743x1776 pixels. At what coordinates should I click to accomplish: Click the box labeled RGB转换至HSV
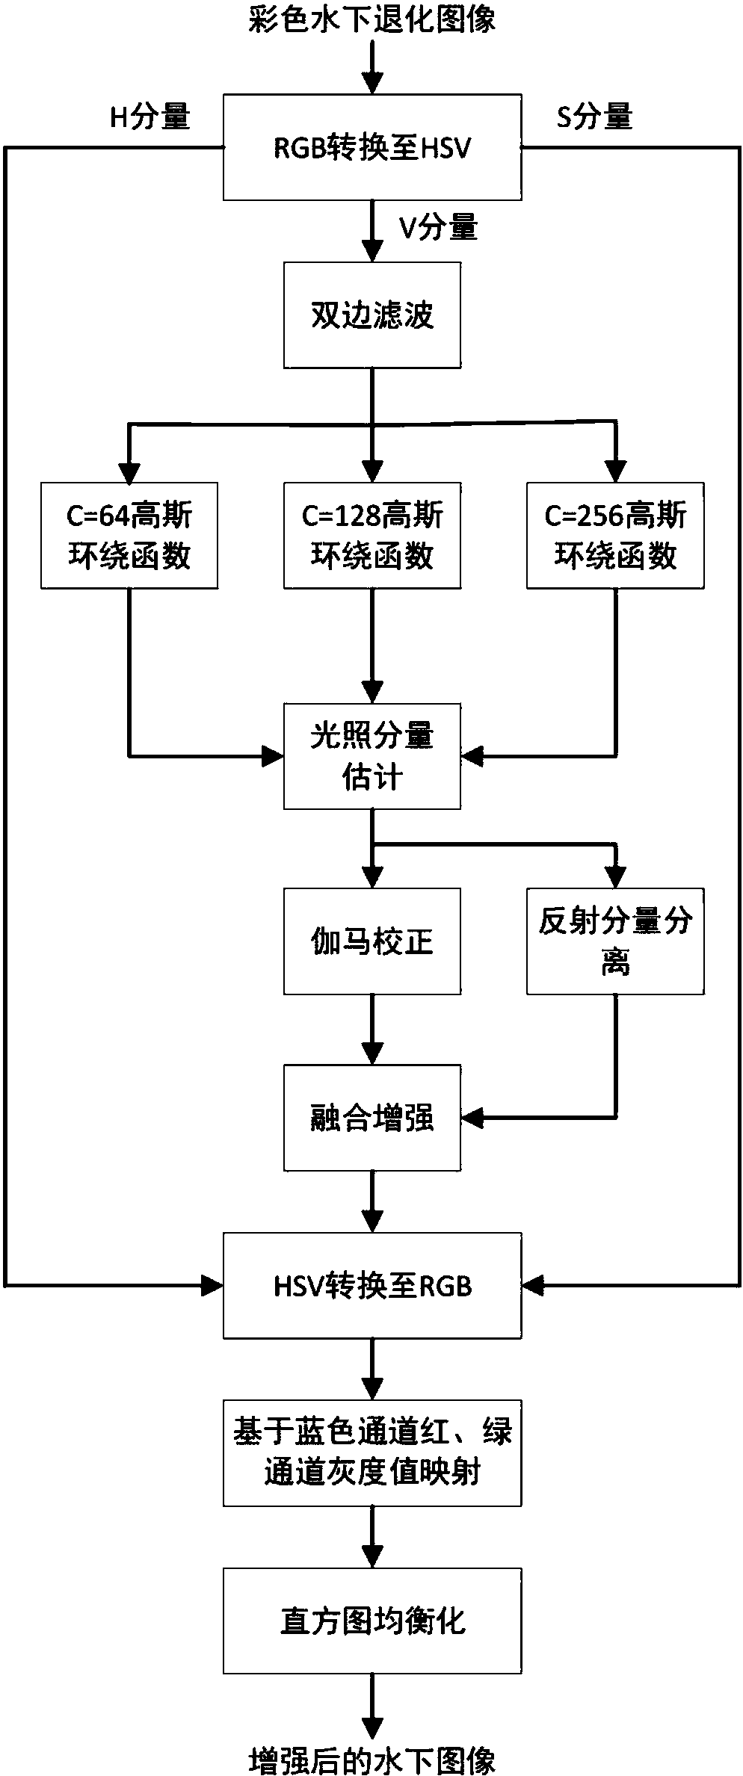click(x=372, y=147)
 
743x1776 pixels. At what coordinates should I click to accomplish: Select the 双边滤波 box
click(x=372, y=315)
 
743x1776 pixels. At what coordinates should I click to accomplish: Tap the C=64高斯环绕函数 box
click(x=129, y=536)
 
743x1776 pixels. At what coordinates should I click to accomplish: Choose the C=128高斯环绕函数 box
click(x=372, y=536)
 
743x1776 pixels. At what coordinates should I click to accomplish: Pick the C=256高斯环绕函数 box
click(x=615, y=536)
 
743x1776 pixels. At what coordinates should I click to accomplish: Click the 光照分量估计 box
click(x=372, y=756)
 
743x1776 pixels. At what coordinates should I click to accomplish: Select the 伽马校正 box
click(x=372, y=941)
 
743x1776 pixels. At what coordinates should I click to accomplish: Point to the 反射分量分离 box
click(x=615, y=941)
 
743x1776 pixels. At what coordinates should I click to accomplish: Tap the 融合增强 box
click(x=372, y=1118)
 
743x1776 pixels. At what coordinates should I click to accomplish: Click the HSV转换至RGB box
click(x=372, y=1286)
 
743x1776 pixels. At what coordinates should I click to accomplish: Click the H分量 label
click(x=150, y=117)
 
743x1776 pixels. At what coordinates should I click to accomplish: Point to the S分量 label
click(x=595, y=117)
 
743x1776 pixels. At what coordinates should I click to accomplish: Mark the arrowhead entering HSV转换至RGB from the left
click(x=213, y=1286)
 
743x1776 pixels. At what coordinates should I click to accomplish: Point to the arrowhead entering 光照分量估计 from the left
click(x=273, y=756)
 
